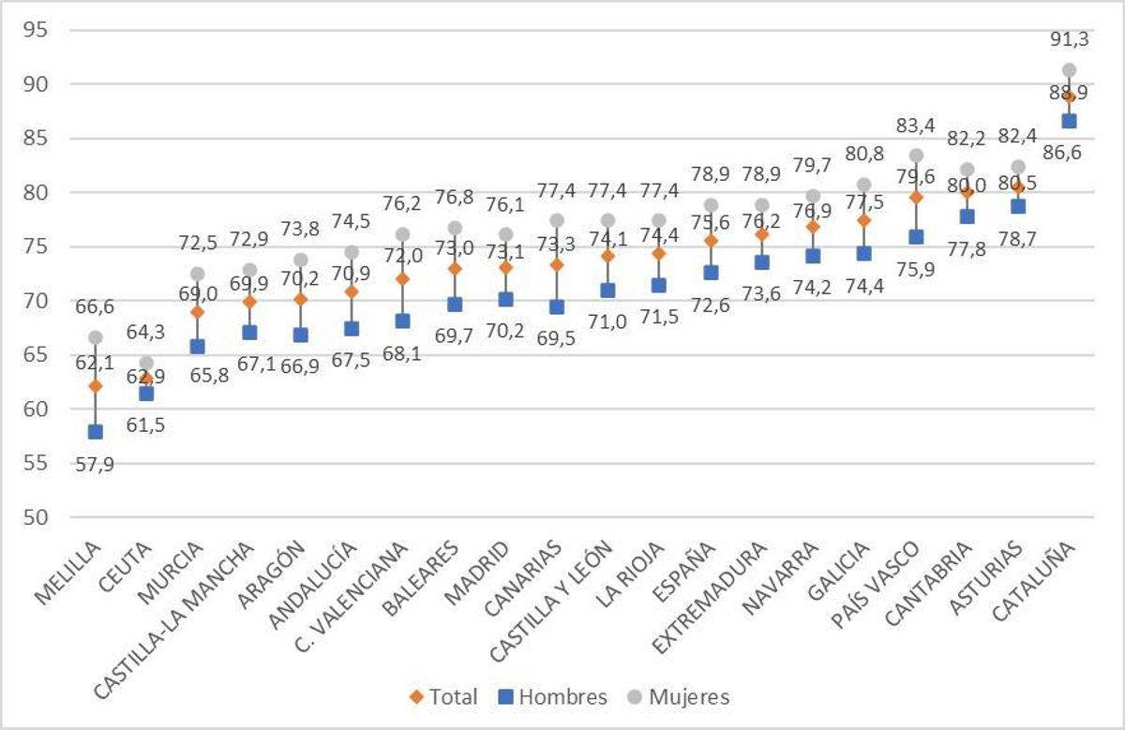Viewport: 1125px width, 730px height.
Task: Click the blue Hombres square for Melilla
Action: click(x=95, y=432)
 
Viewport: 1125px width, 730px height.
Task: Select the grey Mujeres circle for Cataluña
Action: click(x=1069, y=70)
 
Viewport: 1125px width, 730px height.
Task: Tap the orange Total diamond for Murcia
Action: click(x=197, y=311)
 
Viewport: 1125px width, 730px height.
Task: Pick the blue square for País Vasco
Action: click(x=916, y=237)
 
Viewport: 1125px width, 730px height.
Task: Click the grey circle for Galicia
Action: click(x=864, y=185)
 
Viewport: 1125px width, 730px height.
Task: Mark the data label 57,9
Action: click(x=95, y=463)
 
